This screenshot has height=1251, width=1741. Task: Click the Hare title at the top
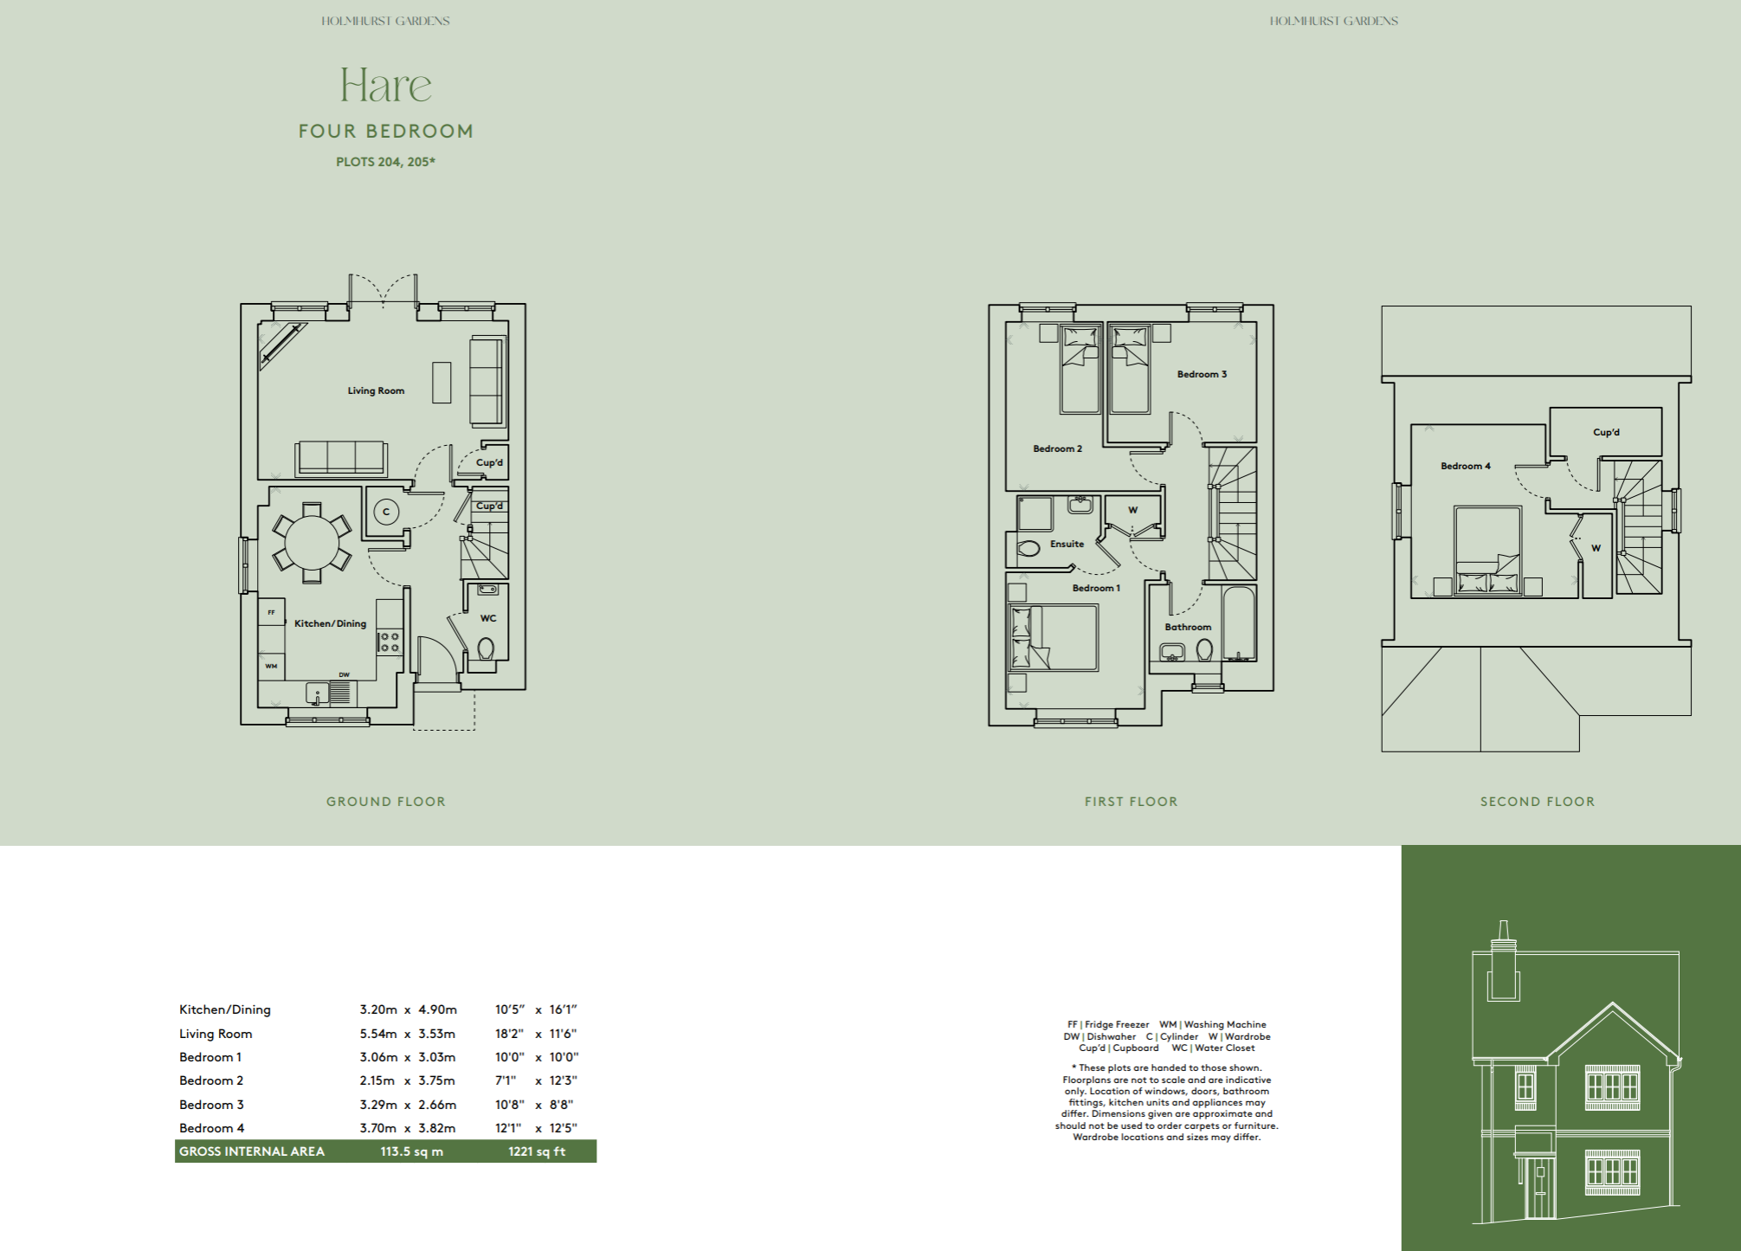pyautogui.click(x=385, y=85)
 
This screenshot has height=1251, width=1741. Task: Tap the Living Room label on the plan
pyautogui.click(x=376, y=390)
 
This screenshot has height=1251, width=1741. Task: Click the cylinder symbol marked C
pyautogui.click(x=386, y=512)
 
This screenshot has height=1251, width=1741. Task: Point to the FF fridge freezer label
pyautogui.click(x=271, y=612)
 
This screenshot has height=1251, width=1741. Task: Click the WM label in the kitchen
pyautogui.click(x=271, y=666)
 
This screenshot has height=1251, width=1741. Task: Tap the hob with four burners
pyautogui.click(x=390, y=642)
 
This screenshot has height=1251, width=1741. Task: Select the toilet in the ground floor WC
pyautogui.click(x=486, y=648)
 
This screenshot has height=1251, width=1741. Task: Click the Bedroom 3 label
pyautogui.click(x=1202, y=374)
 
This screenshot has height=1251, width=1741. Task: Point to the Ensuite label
pyautogui.click(x=1067, y=544)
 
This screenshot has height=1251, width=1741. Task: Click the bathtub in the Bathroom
pyautogui.click(x=1239, y=624)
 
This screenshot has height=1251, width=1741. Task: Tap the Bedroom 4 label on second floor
pyautogui.click(x=1465, y=466)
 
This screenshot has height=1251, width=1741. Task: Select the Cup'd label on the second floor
pyautogui.click(x=1606, y=432)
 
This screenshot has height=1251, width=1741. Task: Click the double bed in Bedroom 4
pyautogui.click(x=1488, y=551)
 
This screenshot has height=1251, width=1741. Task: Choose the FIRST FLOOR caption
pyautogui.click(x=1131, y=802)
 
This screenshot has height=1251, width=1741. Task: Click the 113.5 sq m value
pyautogui.click(x=411, y=1151)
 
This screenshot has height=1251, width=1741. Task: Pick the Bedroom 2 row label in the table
pyautogui.click(x=211, y=1080)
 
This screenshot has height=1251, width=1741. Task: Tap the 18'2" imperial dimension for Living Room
pyautogui.click(x=509, y=1034)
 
